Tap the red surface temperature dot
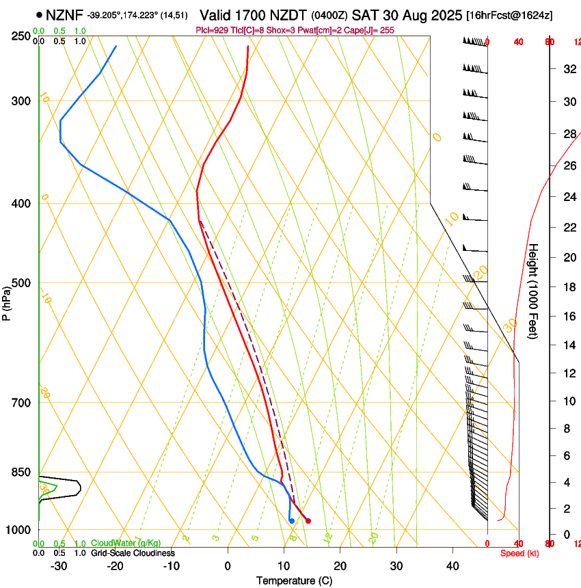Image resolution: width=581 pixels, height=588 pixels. tap(308, 521)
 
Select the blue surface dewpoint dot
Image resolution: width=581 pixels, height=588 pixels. tap(292, 521)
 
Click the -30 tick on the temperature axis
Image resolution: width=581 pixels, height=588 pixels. tap(59, 565)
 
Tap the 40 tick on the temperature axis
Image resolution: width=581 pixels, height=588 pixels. tap(452, 565)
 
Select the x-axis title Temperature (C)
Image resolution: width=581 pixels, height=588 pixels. tap(294, 580)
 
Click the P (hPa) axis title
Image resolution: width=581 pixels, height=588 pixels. tap(7, 302)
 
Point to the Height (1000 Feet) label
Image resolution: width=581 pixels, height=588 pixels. tap(533, 291)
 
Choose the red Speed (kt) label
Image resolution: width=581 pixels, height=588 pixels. tap(519, 553)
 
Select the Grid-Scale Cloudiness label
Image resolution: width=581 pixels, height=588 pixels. tap(133, 553)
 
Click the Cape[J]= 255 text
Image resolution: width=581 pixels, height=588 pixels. tap(370, 30)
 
